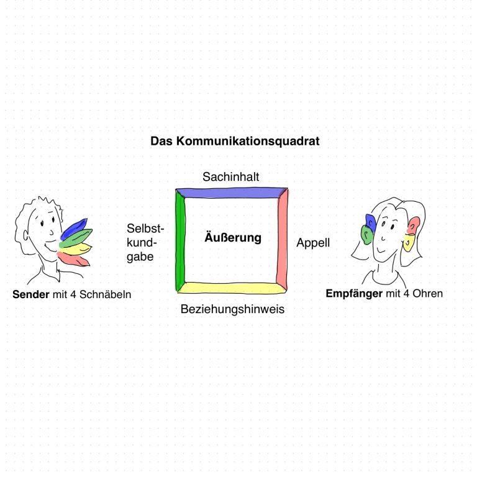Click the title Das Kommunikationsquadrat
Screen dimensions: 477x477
click(x=235, y=141)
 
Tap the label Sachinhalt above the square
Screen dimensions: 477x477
click(x=231, y=177)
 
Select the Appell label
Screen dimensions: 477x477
click(x=313, y=243)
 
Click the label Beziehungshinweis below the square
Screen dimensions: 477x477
click(x=232, y=309)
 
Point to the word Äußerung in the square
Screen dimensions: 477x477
click(x=233, y=237)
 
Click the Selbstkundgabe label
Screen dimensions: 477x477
click(x=145, y=242)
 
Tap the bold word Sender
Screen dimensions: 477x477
click(x=30, y=294)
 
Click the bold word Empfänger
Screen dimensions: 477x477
click(x=354, y=294)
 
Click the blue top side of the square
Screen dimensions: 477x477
click(x=232, y=193)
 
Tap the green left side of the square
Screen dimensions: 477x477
click(x=180, y=240)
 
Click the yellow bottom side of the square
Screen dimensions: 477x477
click(x=232, y=288)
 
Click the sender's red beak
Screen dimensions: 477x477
click(x=73, y=259)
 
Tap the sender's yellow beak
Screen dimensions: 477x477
click(x=75, y=249)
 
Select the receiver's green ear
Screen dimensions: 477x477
click(x=367, y=235)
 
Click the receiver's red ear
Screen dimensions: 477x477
click(x=414, y=225)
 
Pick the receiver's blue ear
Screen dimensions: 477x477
click(x=371, y=222)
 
